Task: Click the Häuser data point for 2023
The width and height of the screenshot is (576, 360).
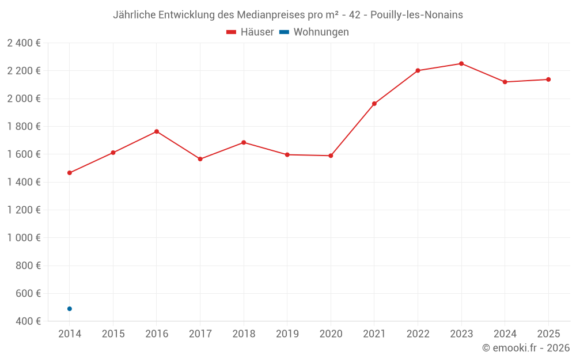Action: click(x=461, y=63)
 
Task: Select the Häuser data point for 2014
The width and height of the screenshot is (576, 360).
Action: click(x=70, y=173)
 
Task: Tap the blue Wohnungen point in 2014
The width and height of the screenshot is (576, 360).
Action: click(x=70, y=309)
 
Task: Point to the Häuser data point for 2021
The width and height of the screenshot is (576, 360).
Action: click(x=374, y=104)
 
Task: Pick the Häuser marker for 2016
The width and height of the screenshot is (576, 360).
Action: click(x=157, y=131)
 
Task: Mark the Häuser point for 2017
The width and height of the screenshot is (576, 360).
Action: click(x=200, y=159)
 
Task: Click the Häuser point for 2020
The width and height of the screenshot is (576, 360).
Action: click(x=331, y=156)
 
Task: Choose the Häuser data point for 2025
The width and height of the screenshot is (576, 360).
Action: click(x=548, y=79)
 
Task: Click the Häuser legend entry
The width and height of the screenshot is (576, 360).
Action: click(x=250, y=32)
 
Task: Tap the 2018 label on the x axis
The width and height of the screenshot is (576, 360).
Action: click(x=244, y=334)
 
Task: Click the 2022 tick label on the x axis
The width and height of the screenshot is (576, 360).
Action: click(x=418, y=334)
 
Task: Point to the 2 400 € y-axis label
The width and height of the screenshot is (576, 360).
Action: click(x=24, y=43)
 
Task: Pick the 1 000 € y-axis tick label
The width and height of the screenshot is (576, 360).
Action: click(x=24, y=238)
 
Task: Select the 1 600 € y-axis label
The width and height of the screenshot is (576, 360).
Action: click(x=24, y=154)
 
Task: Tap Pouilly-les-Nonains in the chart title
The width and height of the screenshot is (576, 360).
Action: click(x=416, y=14)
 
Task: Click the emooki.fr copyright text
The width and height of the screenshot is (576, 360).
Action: click(x=526, y=348)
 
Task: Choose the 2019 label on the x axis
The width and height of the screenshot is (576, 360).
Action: click(x=287, y=334)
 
